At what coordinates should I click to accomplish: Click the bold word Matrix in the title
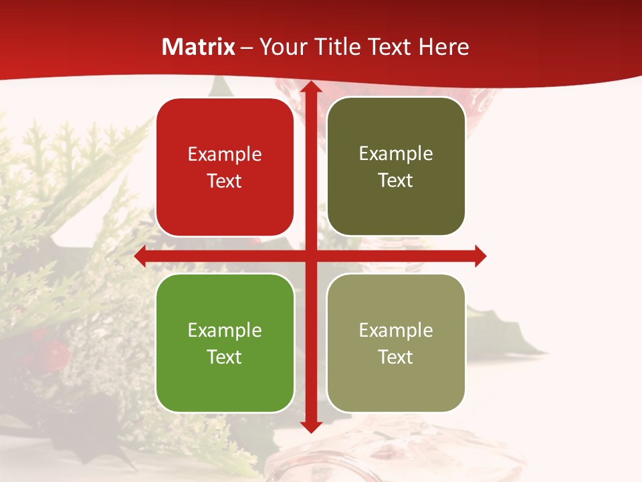click(x=199, y=47)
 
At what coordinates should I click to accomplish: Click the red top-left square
click(x=225, y=167)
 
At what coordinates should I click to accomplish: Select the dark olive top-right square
click(x=396, y=167)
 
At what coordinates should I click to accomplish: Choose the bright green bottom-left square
click(x=225, y=343)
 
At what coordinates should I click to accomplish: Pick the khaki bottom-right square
click(x=396, y=343)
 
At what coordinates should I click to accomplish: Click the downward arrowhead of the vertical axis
click(x=310, y=426)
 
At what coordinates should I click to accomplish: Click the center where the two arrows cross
click(x=310, y=256)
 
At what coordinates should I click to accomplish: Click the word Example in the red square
click(x=225, y=155)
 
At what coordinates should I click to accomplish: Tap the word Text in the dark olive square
click(x=396, y=181)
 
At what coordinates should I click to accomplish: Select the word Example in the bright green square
click(x=225, y=330)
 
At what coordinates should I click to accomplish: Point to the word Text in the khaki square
click(x=396, y=357)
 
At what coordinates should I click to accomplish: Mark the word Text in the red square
click(x=225, y=181)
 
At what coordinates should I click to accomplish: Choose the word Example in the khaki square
click(x=396, y=330)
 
